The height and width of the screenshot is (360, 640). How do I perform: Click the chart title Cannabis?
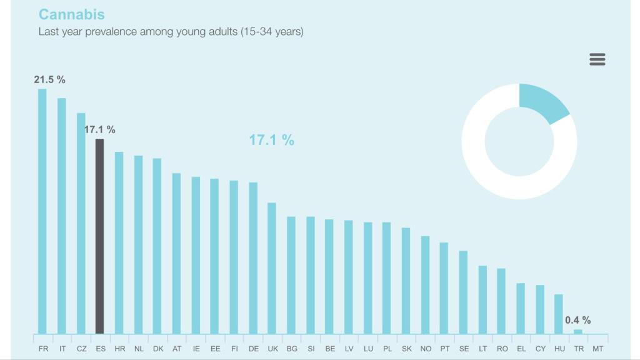(x=71, y=14)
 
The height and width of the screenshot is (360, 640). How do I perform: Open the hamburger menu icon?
(x=597, y=59)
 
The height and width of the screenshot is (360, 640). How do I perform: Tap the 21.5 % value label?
(x=49, y=79)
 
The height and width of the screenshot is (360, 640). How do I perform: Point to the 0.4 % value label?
(x=577, y=320)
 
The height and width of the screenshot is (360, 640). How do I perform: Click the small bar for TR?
(x=578, y=331)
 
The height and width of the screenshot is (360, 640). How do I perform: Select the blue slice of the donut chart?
(x=542, y=102)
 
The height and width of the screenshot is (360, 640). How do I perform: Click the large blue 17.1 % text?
(x=271, y=140)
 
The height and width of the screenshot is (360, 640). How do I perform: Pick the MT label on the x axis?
(x=597, y=348)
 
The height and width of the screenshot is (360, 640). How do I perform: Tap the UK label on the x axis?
(x=272, y=348)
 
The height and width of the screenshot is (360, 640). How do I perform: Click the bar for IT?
(x=61, y=216)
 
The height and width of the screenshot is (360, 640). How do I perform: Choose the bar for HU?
(x=559, y=314)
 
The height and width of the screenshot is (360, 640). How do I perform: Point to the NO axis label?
(x=426, y=348)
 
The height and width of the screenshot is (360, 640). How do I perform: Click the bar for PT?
(x=444, y=287)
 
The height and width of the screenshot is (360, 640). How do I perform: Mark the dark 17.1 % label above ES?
(x=100, y=129)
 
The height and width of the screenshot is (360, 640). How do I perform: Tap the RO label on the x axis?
(x=501, y=348)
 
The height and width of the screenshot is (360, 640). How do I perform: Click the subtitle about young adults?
(x=171, y=31)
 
